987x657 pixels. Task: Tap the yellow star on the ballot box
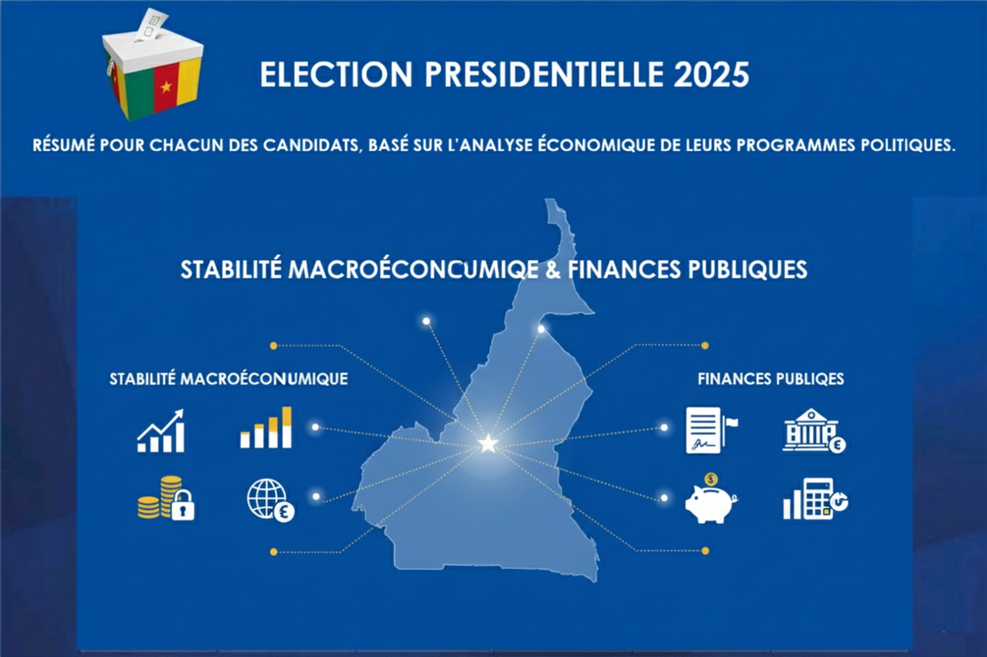pos(166,87)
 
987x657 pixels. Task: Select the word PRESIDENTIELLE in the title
pos(544,75)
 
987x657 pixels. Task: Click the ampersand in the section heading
pos(553,270)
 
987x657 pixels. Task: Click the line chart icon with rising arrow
pos(161,430)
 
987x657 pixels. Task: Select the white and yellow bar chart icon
pos(266,427)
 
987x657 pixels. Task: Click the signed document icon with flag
pos(711,430)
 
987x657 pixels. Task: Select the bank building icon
pos(814,431)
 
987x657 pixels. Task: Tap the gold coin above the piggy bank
pos(711,479)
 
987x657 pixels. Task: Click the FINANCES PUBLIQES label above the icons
pos(770,379)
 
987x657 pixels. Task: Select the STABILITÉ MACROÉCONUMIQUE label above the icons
pos(229,379)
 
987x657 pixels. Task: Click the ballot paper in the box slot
pos(152,24)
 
